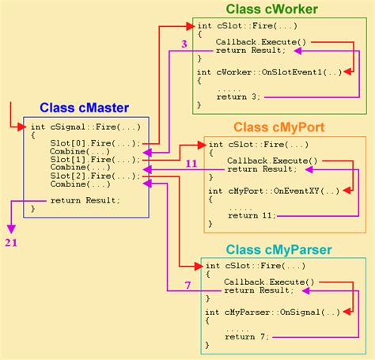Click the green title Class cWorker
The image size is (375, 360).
tap(271, 9)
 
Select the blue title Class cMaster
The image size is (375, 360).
tap(84, 108)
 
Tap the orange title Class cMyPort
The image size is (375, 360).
tap(278, 127)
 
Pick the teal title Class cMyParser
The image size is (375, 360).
tap(278, 250)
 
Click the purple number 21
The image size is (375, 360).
tap(11, 243)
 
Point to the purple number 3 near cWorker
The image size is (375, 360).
tap(184, 44)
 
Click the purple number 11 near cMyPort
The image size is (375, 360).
tap(191, 164)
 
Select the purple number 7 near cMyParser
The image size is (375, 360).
tap(187, 286)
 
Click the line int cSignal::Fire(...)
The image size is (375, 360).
tap(85, 127)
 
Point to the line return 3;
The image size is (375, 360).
tap(238, 97)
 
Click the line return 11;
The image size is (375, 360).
tap(252, 216)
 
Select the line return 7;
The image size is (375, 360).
tap(247, 337)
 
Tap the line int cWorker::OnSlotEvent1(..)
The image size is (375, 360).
tap(269, 72)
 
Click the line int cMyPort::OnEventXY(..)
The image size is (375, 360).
tap(274, 191)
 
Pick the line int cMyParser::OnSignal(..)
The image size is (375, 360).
tap(273, 313)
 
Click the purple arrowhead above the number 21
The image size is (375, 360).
tap(11, 229)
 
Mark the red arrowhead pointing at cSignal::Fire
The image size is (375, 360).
tap(22, 127)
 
